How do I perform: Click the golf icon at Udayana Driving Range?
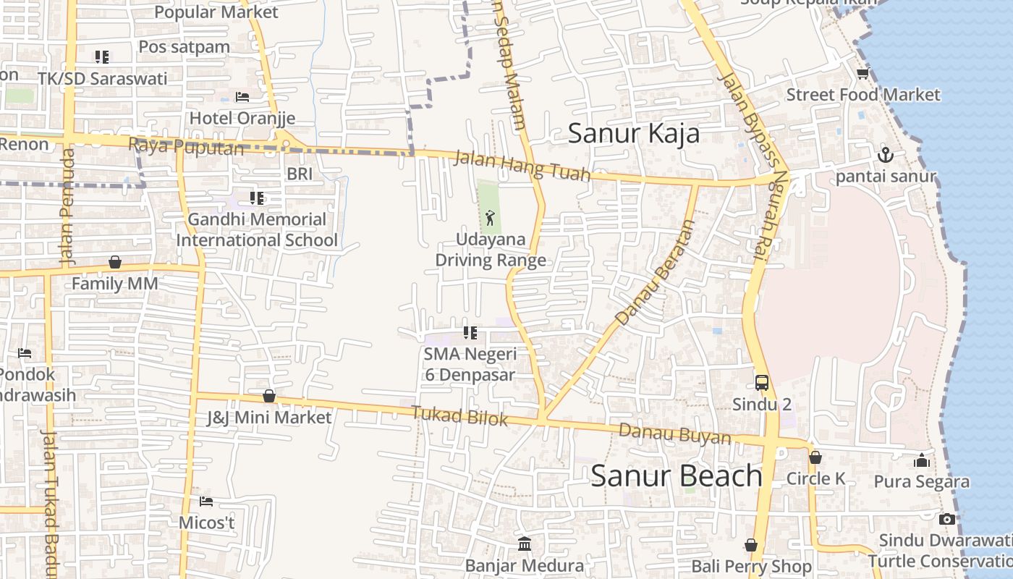(x=490, y=217)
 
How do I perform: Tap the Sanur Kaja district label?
(x=633, y=134)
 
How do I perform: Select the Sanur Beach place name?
(x=677, y=476)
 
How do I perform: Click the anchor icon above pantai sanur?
(x=885, y=155)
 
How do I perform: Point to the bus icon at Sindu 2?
(x=762, y=383)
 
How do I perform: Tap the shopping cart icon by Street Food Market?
(x=862, y=74)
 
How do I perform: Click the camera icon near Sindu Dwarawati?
(x=946, y=519)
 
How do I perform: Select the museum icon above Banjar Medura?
(x=525, y=544)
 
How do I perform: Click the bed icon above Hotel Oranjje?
(x=242, y=97)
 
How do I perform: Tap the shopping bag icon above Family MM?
(x=114, y=262)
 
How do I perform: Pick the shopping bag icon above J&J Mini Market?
(x=269, y=396)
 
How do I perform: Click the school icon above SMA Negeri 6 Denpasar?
(x=470, y=333)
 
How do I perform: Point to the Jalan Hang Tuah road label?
(x=522, y=166)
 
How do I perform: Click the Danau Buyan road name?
(x=674, y=434)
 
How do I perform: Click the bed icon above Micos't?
(x=206, y=501)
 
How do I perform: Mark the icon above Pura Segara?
(x=921, y=460)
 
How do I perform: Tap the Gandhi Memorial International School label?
(x=257, y=229)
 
